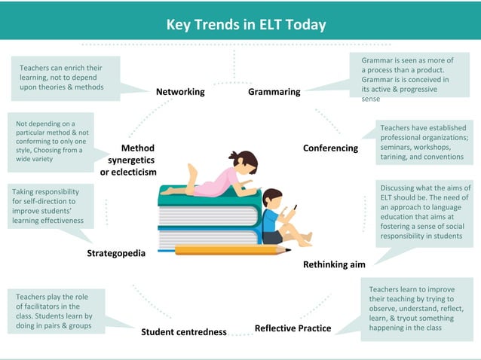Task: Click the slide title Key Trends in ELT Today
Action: click(x=246, y=25)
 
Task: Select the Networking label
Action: click(x=180, y=92)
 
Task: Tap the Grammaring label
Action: click(x=274, y=92)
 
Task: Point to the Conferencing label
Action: click(x=330, y=148)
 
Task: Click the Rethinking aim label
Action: click(x=334, y=264)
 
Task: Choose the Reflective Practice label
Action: click(x=293, y=328)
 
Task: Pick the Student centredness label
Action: click(x=184, y=331)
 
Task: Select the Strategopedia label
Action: click(x=116, y=253)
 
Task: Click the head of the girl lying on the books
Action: click(x=245, y=162)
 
